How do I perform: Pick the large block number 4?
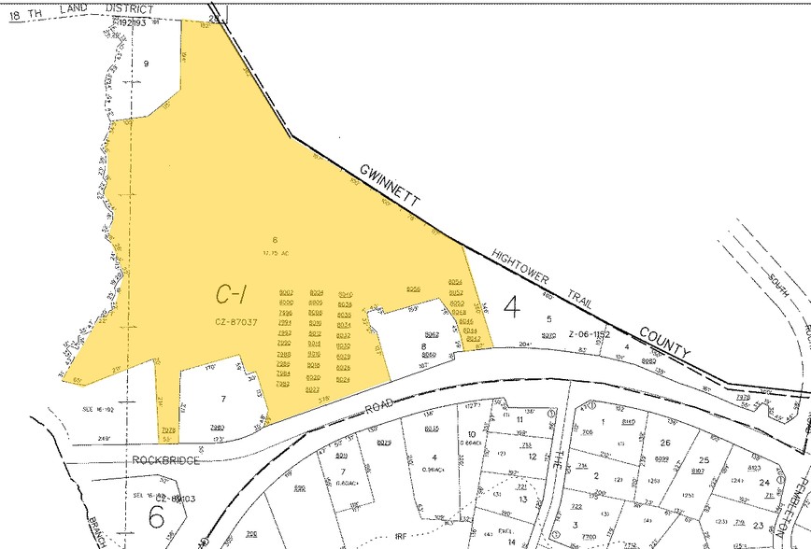(510, 305)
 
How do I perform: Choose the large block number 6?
(157, 515)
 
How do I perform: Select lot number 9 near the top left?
(146, 63)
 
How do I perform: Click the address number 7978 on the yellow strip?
(168, 429)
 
